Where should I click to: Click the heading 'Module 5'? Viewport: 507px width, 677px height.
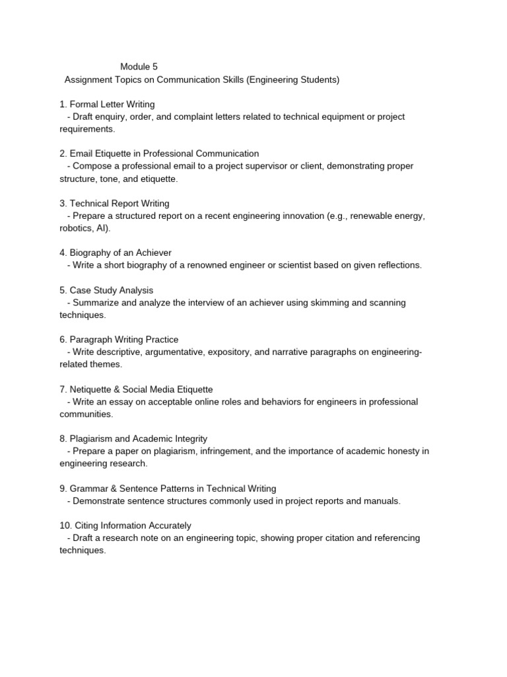click(x=139, y=67)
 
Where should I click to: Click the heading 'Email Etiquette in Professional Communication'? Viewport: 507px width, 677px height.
click(x=164, y=154)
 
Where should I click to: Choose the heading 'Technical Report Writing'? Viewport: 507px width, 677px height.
click(x=119, y=204)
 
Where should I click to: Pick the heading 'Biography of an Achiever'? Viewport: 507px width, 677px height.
click(x=120, y=253)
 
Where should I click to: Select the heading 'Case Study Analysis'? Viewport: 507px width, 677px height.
click(x=111, y=290)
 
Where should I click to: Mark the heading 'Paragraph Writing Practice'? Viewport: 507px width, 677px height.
click(x=123, y=340)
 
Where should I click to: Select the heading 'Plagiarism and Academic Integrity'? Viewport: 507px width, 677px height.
click(x=138, y=439)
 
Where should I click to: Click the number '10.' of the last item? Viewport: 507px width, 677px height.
click(x=65, y=526)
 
